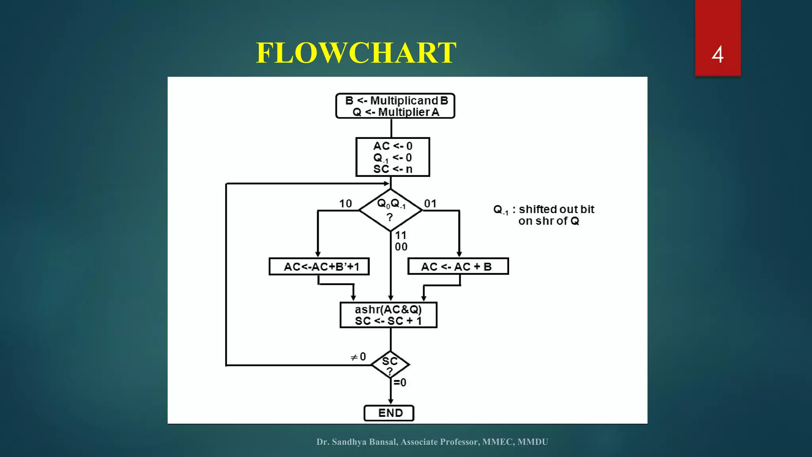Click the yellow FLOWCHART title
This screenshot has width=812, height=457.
pyautogui.click(x=356, y=53)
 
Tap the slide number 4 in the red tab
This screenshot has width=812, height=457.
pyautogui.click(x=717, y=54)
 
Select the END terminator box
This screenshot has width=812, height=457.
pyautogui.click(x=389, y=413)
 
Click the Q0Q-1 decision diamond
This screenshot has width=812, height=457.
pyautogui.click(x=391, y=210)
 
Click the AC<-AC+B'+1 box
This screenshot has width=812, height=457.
pyautogui.click(x=319, y=266)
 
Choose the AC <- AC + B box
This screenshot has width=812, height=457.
pyautogui.click(x=458, y=266)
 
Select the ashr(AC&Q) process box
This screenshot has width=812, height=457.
pyautogui.click(x=389, y=315)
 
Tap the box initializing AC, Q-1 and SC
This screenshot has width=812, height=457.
pyautogui.click(x=393, y=157)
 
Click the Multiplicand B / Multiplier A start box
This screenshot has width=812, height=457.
pyautogui.click(x=395, y=106)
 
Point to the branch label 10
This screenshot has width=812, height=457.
pyautogui.click(x=345, y=204)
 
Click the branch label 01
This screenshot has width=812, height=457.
pyautogui.click(x=430, y=204)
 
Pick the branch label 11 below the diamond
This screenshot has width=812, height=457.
pyautogui.click(x=401, y=235)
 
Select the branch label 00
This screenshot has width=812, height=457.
pyautogui.click(x=401, y=247)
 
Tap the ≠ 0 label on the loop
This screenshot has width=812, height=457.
pyautogui.click(x=358, y=357)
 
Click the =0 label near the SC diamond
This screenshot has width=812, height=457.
pyautogui.click(x=400, y=382)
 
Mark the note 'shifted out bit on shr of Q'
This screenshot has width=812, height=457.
pyautogui.click(x=544, y=215)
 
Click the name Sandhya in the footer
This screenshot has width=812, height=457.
pyautogui.click(x=349, y=442)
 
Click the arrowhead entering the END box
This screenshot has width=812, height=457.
pyautogui.click(x=391, y=401)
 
